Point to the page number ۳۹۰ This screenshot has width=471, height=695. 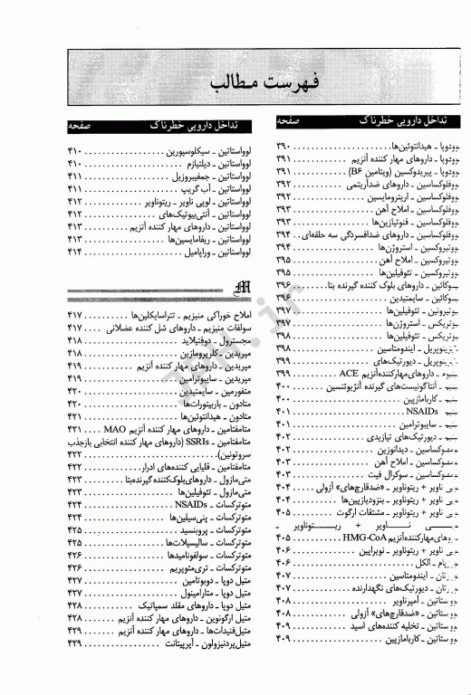[x=284, y=146]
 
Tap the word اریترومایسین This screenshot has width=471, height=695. [x=380, y=196]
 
